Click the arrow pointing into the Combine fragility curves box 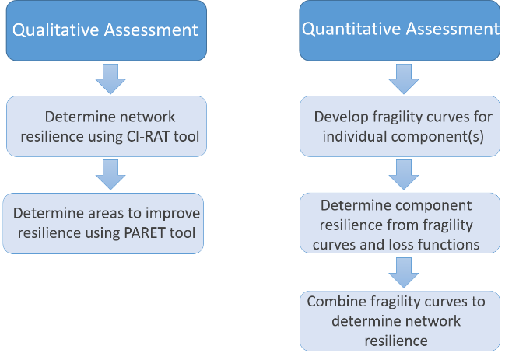pos(400,272)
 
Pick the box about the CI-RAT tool pos(106,126)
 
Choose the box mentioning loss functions pos(399,224)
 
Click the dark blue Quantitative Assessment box pos(399,30)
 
